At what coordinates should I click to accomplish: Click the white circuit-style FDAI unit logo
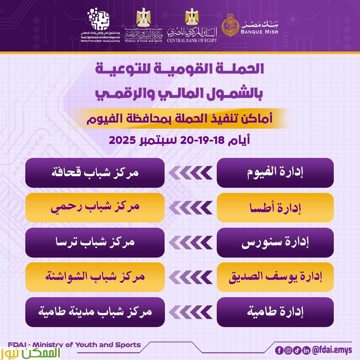click(98, 20)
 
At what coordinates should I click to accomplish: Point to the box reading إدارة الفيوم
click(275, 173)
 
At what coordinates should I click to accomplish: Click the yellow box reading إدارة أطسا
click(275, 208)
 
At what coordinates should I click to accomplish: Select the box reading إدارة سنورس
click(275, 242)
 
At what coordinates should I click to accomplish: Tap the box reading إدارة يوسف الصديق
click(275, 277)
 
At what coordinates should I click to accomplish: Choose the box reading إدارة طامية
click(275, 312)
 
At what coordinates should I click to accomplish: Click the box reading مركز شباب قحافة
click(95, 173)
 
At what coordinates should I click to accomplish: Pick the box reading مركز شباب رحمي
click(95, 208)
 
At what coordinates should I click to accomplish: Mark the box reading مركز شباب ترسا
click(95, 242)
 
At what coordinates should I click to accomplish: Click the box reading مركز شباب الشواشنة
click(95, 277)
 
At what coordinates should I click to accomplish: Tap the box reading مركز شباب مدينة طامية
click(95, 312)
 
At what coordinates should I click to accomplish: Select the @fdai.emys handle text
click(332, 350)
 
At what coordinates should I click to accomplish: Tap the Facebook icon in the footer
click(279, 351)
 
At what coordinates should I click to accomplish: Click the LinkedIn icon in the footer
click(306, 351)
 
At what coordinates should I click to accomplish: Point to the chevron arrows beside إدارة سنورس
click(191, 243)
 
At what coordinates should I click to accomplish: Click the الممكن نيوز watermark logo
click(30, 353)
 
